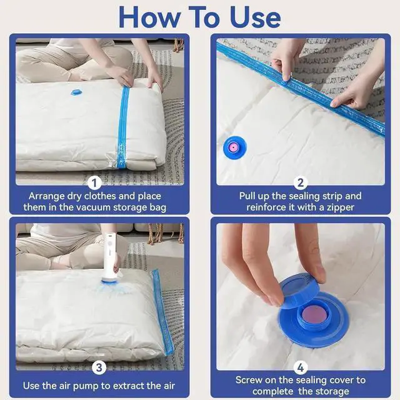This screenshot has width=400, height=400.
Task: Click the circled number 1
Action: point(94,183)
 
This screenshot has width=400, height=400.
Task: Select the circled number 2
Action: point(301,183)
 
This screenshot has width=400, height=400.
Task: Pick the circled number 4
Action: point(301,368)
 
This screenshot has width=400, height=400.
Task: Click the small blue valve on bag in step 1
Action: point(76,92)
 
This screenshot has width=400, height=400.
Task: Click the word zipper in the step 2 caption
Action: point(339,207)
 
